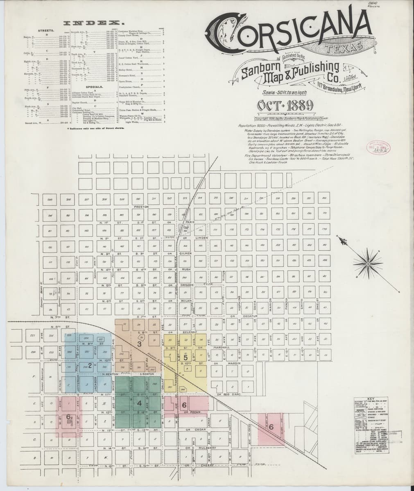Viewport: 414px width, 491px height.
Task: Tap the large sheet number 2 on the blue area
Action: (x=90, y=365)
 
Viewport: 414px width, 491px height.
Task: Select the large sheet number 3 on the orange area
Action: (x=139, y=345)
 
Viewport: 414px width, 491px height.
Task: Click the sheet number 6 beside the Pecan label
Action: (x=184, y=405)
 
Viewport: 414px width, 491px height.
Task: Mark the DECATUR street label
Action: (x=248, y=316)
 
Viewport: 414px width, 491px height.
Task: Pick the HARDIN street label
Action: (x=234, y=363)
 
